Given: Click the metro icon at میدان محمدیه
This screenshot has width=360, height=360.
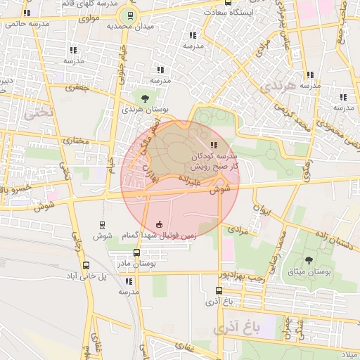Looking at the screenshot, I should (x=129, y=15).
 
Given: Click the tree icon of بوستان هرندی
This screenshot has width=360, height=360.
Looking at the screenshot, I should (x=145, y=98).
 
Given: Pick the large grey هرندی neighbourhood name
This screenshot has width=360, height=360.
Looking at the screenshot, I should (x=270, y=86).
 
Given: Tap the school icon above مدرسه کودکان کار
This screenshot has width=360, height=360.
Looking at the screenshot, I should (x=214, y=145).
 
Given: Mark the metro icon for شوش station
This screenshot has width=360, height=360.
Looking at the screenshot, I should (x=103, y=225).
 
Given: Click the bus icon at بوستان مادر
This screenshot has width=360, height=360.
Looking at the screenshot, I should (x=136, y=252).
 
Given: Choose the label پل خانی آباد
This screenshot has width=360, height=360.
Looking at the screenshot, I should (x=82, y=276).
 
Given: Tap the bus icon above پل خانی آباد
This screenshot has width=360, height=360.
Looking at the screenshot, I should (x=86, y=265).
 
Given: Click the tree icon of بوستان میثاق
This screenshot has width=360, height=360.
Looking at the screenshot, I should (x=309, y=260).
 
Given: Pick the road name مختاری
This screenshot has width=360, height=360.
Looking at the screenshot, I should (x=77, y=141).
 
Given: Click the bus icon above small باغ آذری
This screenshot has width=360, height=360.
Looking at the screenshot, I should (x=219, y=290).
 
